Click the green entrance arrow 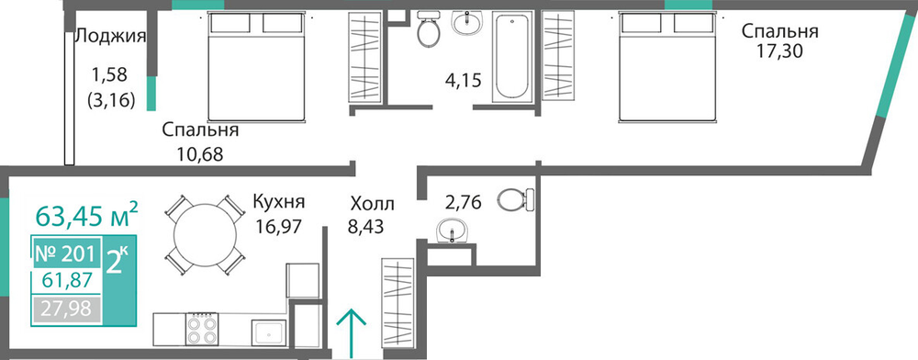[352, 332]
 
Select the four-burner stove [202, 330]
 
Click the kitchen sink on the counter [269, 332]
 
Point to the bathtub [512, 57]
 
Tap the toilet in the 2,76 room [516, 199]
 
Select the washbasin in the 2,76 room [452, 230]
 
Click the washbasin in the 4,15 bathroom [467, 23]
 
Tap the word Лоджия [111, 37]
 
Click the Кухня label [279, 203]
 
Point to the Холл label [373, 204]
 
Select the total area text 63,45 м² [86, 215]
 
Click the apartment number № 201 [64, 254]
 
